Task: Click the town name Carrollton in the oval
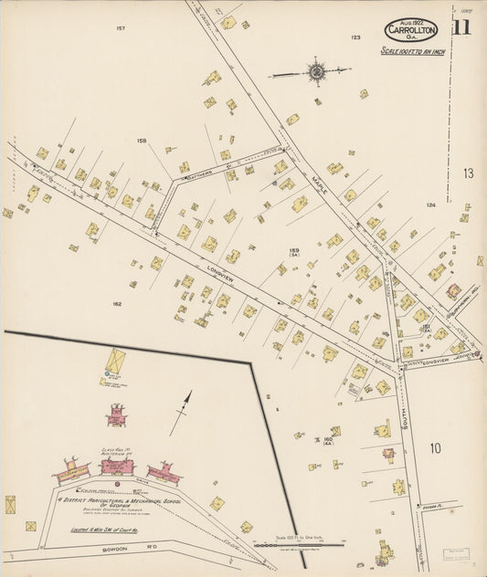(x=410, y=29)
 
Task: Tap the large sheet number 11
(x=461, y=26)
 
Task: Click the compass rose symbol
(x=317, y=69)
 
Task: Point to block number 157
(x=120, y=29)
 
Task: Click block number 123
(x=355, y=37)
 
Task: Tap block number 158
(x=141, y=140)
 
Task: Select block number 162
(x=117, y=303)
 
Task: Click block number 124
(x=431, y=205)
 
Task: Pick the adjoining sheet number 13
(x=468, y=173)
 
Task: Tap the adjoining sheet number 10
(x=435, y=447)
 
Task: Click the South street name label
(x=403, y=420)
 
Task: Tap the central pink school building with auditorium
(x=117, y=467)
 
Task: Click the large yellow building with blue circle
(x=115, y=362)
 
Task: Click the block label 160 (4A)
(x=327, y=441)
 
